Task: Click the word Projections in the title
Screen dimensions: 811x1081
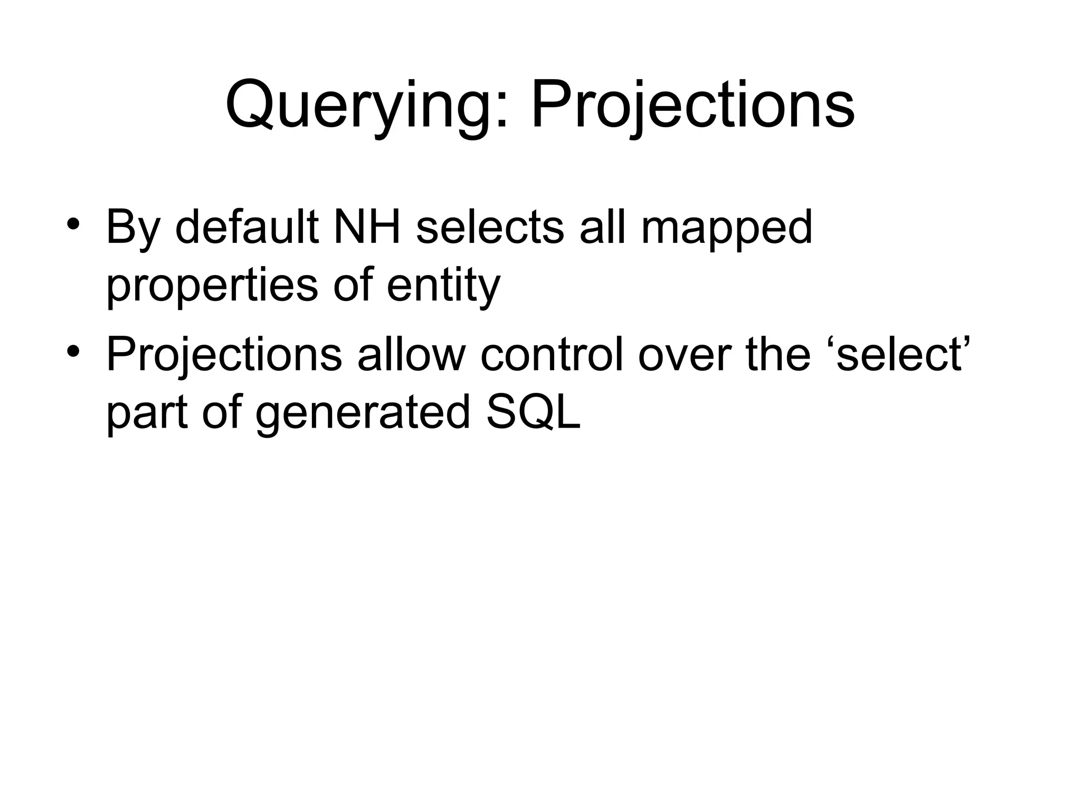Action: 693,106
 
